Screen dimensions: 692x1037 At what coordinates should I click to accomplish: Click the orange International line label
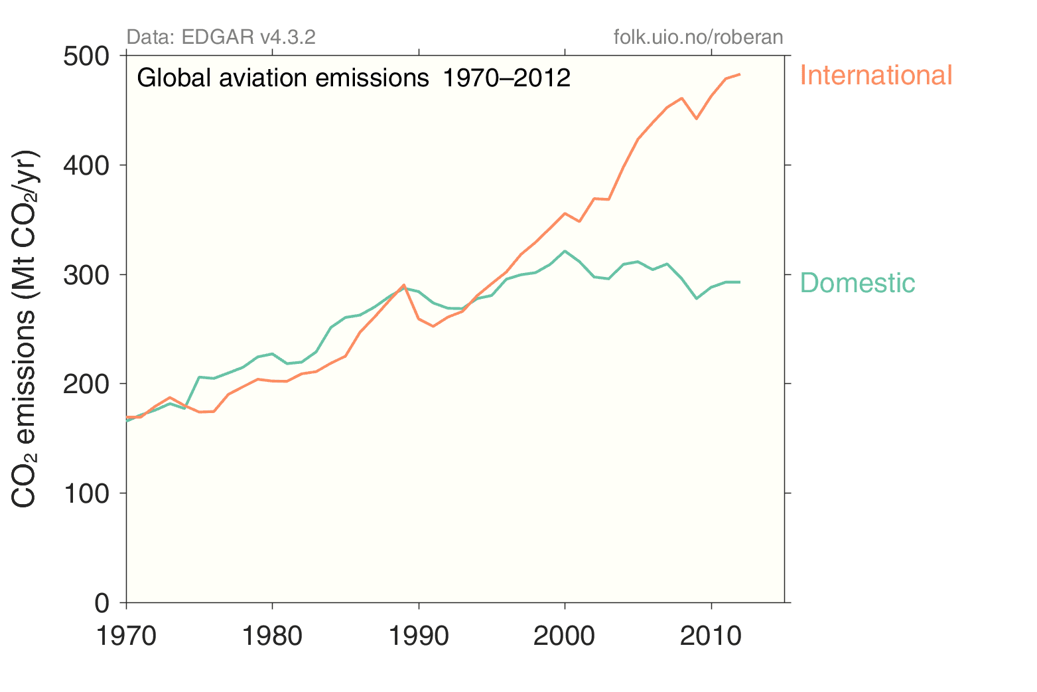coord(876,75)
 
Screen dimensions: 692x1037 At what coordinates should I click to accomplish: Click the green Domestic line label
coord(857,283)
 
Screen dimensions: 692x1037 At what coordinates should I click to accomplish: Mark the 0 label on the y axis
coord(102,603)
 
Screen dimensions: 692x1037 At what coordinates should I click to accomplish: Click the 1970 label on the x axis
coord(126,636)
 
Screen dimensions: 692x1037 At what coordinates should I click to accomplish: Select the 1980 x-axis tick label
coord(272,636)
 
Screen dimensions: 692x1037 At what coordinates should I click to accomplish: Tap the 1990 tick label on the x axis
coord(419,636)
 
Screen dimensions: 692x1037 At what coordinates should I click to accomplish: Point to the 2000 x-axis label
coord(565,636)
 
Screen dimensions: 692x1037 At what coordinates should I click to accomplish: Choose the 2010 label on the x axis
coord(711,636)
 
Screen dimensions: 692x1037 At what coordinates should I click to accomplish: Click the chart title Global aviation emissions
coord(354,78)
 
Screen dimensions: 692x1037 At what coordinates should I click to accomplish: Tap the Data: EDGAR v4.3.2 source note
coord(221,37)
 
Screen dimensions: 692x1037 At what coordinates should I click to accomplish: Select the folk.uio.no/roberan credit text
coord(698,37)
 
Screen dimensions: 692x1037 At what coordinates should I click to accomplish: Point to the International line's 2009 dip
coord(696,119)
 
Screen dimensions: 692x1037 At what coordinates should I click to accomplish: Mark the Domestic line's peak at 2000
coord(565,251)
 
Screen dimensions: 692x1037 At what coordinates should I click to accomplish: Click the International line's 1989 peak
coord(404,284)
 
